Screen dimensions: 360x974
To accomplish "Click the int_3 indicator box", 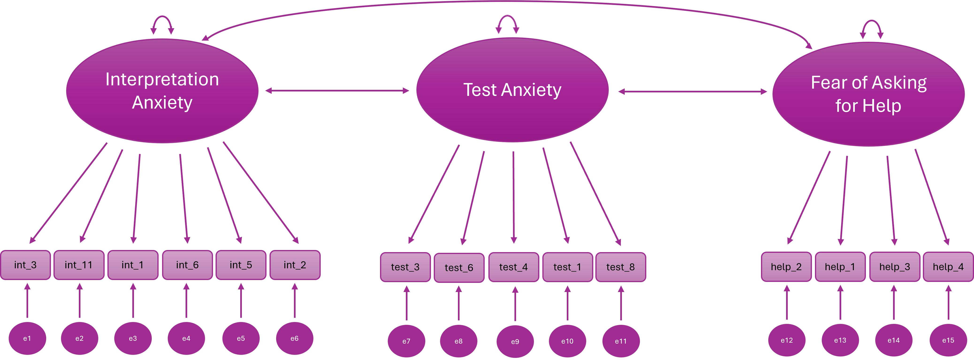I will [25, 265].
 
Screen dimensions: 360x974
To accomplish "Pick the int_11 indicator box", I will [79, 265].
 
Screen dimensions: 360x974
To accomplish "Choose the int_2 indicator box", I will [295, 265].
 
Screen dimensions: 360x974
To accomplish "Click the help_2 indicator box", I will [786, 267].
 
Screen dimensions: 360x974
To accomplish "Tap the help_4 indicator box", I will [948, 267].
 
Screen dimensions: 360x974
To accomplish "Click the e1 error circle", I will [27, 338].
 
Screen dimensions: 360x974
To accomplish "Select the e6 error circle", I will [295, 338].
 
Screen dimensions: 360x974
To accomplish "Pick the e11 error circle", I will [620, 341].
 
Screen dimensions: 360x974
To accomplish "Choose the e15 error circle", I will [948, 340].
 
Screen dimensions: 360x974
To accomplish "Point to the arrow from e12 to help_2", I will [787, 303].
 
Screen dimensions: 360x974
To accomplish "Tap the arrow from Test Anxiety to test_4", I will [514, 197].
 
